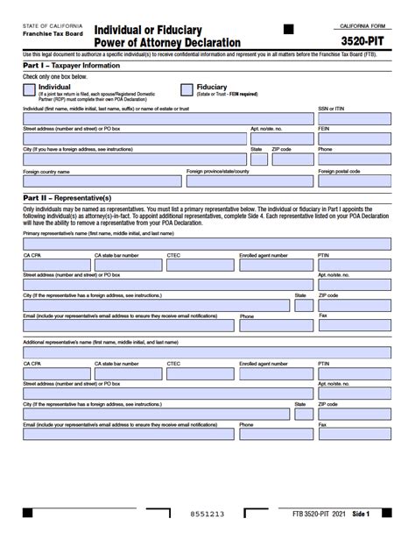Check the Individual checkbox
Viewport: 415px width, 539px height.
pyautogui.click(x=29, y=89)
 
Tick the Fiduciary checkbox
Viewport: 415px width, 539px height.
pyautogui.click(x=186, y=89)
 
